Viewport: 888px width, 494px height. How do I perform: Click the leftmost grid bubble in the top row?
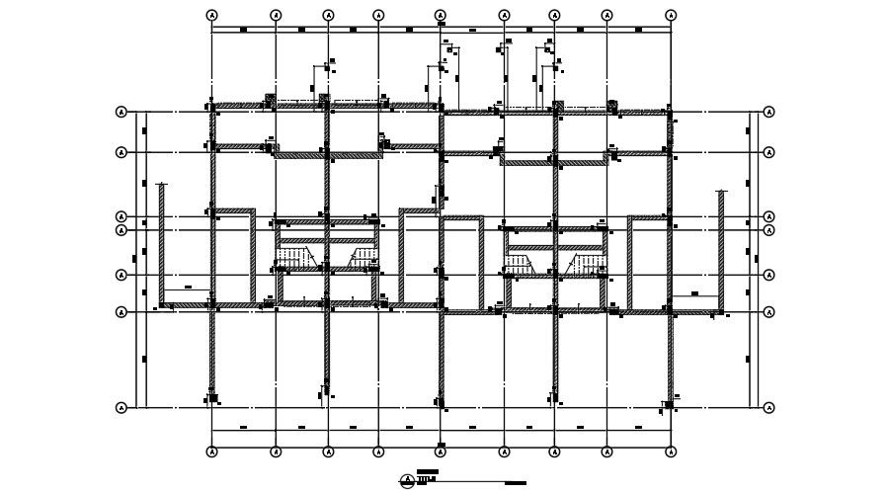212,16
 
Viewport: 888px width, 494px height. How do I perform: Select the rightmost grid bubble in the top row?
671,16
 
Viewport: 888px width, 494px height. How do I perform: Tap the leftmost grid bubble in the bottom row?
212,452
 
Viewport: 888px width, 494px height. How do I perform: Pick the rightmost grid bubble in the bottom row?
671,452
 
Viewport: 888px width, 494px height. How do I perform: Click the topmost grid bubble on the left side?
121,113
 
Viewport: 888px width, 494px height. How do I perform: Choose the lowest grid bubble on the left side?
121,407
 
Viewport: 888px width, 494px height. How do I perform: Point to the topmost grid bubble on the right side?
768,113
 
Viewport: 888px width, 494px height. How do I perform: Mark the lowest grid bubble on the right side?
768,407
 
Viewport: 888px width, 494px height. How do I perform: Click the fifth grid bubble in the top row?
441,16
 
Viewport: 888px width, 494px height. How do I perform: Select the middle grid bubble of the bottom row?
441,452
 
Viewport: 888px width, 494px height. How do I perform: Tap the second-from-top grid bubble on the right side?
768,152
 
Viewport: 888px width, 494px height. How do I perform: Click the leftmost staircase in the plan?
294,259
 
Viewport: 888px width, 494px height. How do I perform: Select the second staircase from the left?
363,259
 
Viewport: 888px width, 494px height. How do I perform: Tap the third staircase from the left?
519,263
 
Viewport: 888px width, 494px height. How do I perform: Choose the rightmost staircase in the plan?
587,263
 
